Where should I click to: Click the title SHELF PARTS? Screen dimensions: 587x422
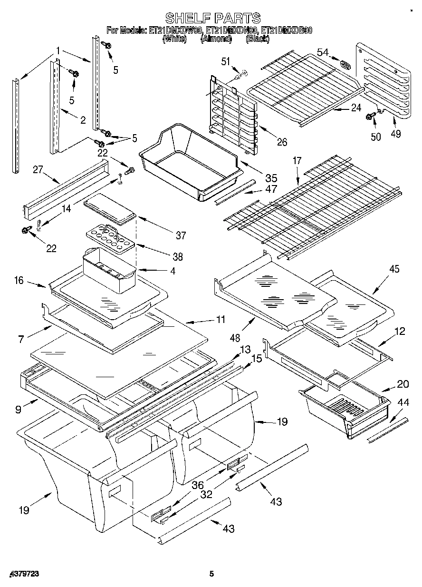pos(212,18)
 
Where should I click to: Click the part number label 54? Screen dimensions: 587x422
pos(323,52)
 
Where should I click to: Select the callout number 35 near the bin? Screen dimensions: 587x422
pos(271,178)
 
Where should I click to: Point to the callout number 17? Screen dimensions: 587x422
pos(297,161)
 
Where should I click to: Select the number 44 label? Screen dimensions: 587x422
pos(403,403)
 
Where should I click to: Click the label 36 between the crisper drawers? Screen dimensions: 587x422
pos(198,485)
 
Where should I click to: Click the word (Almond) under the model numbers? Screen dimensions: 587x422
pos(216,39)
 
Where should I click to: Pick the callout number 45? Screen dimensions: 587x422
pos(394,269)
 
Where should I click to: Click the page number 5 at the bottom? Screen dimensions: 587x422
pos(212,574)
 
